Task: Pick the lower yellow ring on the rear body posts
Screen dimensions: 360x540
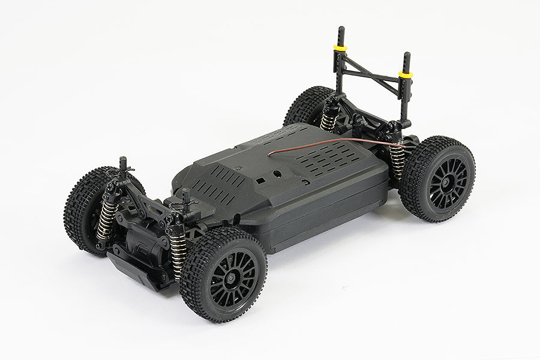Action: [406, 75]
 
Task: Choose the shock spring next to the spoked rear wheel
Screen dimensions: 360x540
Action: [397, 160]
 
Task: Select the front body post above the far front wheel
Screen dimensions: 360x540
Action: [123, 166]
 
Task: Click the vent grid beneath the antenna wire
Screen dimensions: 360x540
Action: [336, 157]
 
